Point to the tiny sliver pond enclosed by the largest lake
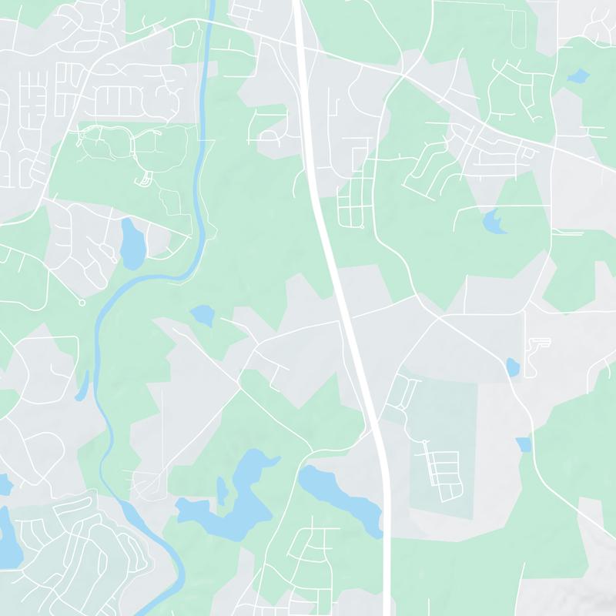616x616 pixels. point(222,489)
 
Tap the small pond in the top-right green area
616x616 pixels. point(577,76)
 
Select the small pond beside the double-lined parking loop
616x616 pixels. point(513,367)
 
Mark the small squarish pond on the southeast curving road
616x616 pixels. point(524,444)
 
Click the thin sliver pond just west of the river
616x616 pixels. point(84,385)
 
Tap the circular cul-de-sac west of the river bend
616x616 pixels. point(82,302)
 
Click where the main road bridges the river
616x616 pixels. point(208,22)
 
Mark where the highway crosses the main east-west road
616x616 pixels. point(302,42)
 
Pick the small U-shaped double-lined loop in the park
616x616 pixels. point(143,180)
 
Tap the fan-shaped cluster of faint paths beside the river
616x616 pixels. point(146,481)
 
